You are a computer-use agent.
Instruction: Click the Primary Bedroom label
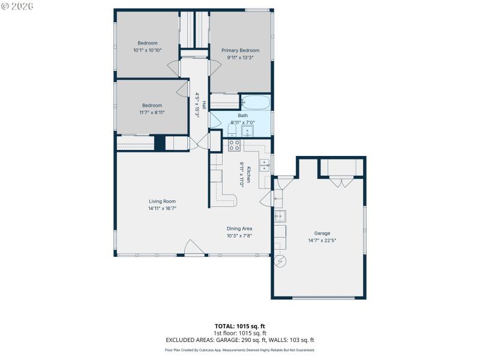click(241, 50)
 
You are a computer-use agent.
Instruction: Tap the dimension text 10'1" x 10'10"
click(148, 50)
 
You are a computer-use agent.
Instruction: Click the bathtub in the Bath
click(256, 103)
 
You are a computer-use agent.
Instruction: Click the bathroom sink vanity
click(248, 130)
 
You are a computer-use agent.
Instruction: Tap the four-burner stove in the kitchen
click(234, 145)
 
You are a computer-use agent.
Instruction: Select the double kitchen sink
click(264, 166)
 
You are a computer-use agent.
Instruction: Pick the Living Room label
click(162, 202)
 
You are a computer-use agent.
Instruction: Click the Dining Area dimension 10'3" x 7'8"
click(239, 236)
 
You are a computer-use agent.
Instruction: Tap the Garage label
click(322, 233)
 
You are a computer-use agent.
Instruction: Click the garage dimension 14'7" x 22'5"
click(322, 241)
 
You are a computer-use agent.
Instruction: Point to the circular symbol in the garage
click(280, 261)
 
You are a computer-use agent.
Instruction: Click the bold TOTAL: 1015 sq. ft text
click(239, 326)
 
